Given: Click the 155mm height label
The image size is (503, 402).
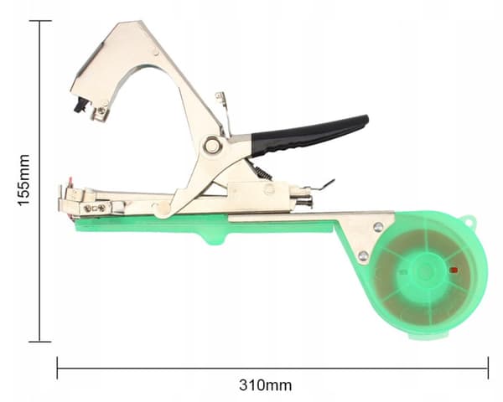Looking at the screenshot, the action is point(23,180).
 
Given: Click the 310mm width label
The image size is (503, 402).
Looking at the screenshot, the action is point(265,385).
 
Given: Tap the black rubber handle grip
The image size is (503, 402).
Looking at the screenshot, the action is point(308,136).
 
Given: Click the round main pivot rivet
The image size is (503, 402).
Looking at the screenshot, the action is point(212,145).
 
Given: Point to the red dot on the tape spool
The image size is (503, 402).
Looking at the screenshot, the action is point(454,271).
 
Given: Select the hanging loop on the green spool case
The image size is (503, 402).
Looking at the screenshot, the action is point(468,221).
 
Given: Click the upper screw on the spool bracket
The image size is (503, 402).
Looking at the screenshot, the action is point(378,227).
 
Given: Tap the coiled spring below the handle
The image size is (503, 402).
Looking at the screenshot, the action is point(263,172).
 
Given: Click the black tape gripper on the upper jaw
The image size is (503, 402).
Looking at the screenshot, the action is point(80,106).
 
